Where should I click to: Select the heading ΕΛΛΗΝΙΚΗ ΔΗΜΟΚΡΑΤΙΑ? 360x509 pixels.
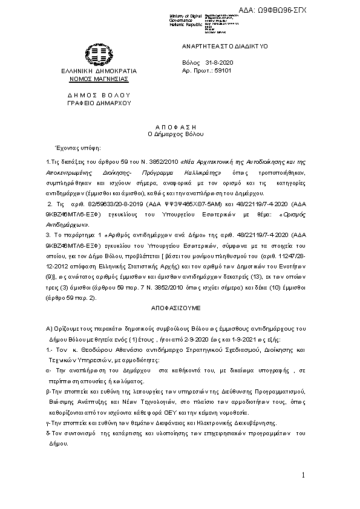click(99, 71)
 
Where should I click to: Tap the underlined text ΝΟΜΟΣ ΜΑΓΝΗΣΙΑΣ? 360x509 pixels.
click(99, 79)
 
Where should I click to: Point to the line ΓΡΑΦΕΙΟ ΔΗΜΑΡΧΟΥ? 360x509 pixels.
click(99, 103)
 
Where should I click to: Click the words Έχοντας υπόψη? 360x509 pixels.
click(77, 148)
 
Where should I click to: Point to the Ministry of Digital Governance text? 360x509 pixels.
click(186, 19)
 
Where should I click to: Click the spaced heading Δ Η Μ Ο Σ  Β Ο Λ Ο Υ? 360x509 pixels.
click(99, 96)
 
